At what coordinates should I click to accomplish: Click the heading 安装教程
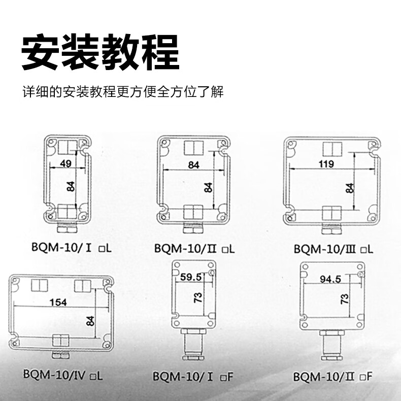click(x=100, y=53)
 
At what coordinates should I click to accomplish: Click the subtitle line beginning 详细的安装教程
click(x=123, y=93)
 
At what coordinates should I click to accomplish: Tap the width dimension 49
click(x=65, y=163)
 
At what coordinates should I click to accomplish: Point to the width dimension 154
click(x=57, y=303)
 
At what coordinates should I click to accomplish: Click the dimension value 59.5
click(x=191, y=278)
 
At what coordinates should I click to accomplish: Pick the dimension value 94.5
click(x=330, y=279)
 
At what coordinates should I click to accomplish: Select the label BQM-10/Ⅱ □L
click(x=194, y=248)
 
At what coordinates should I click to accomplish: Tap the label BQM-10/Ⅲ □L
click(x=333, y=249)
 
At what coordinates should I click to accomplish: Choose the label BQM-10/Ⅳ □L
click(x=62, y=376)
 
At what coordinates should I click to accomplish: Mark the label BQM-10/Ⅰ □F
click(x=192, y=377)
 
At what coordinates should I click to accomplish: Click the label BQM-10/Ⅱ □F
click(x=332, y=377)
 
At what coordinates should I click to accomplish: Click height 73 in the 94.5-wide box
click(x=345, y=299)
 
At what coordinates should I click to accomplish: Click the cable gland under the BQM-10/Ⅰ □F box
click(x=193, y=345)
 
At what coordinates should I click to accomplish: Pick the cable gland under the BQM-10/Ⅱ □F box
click(x=332, y=346)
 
